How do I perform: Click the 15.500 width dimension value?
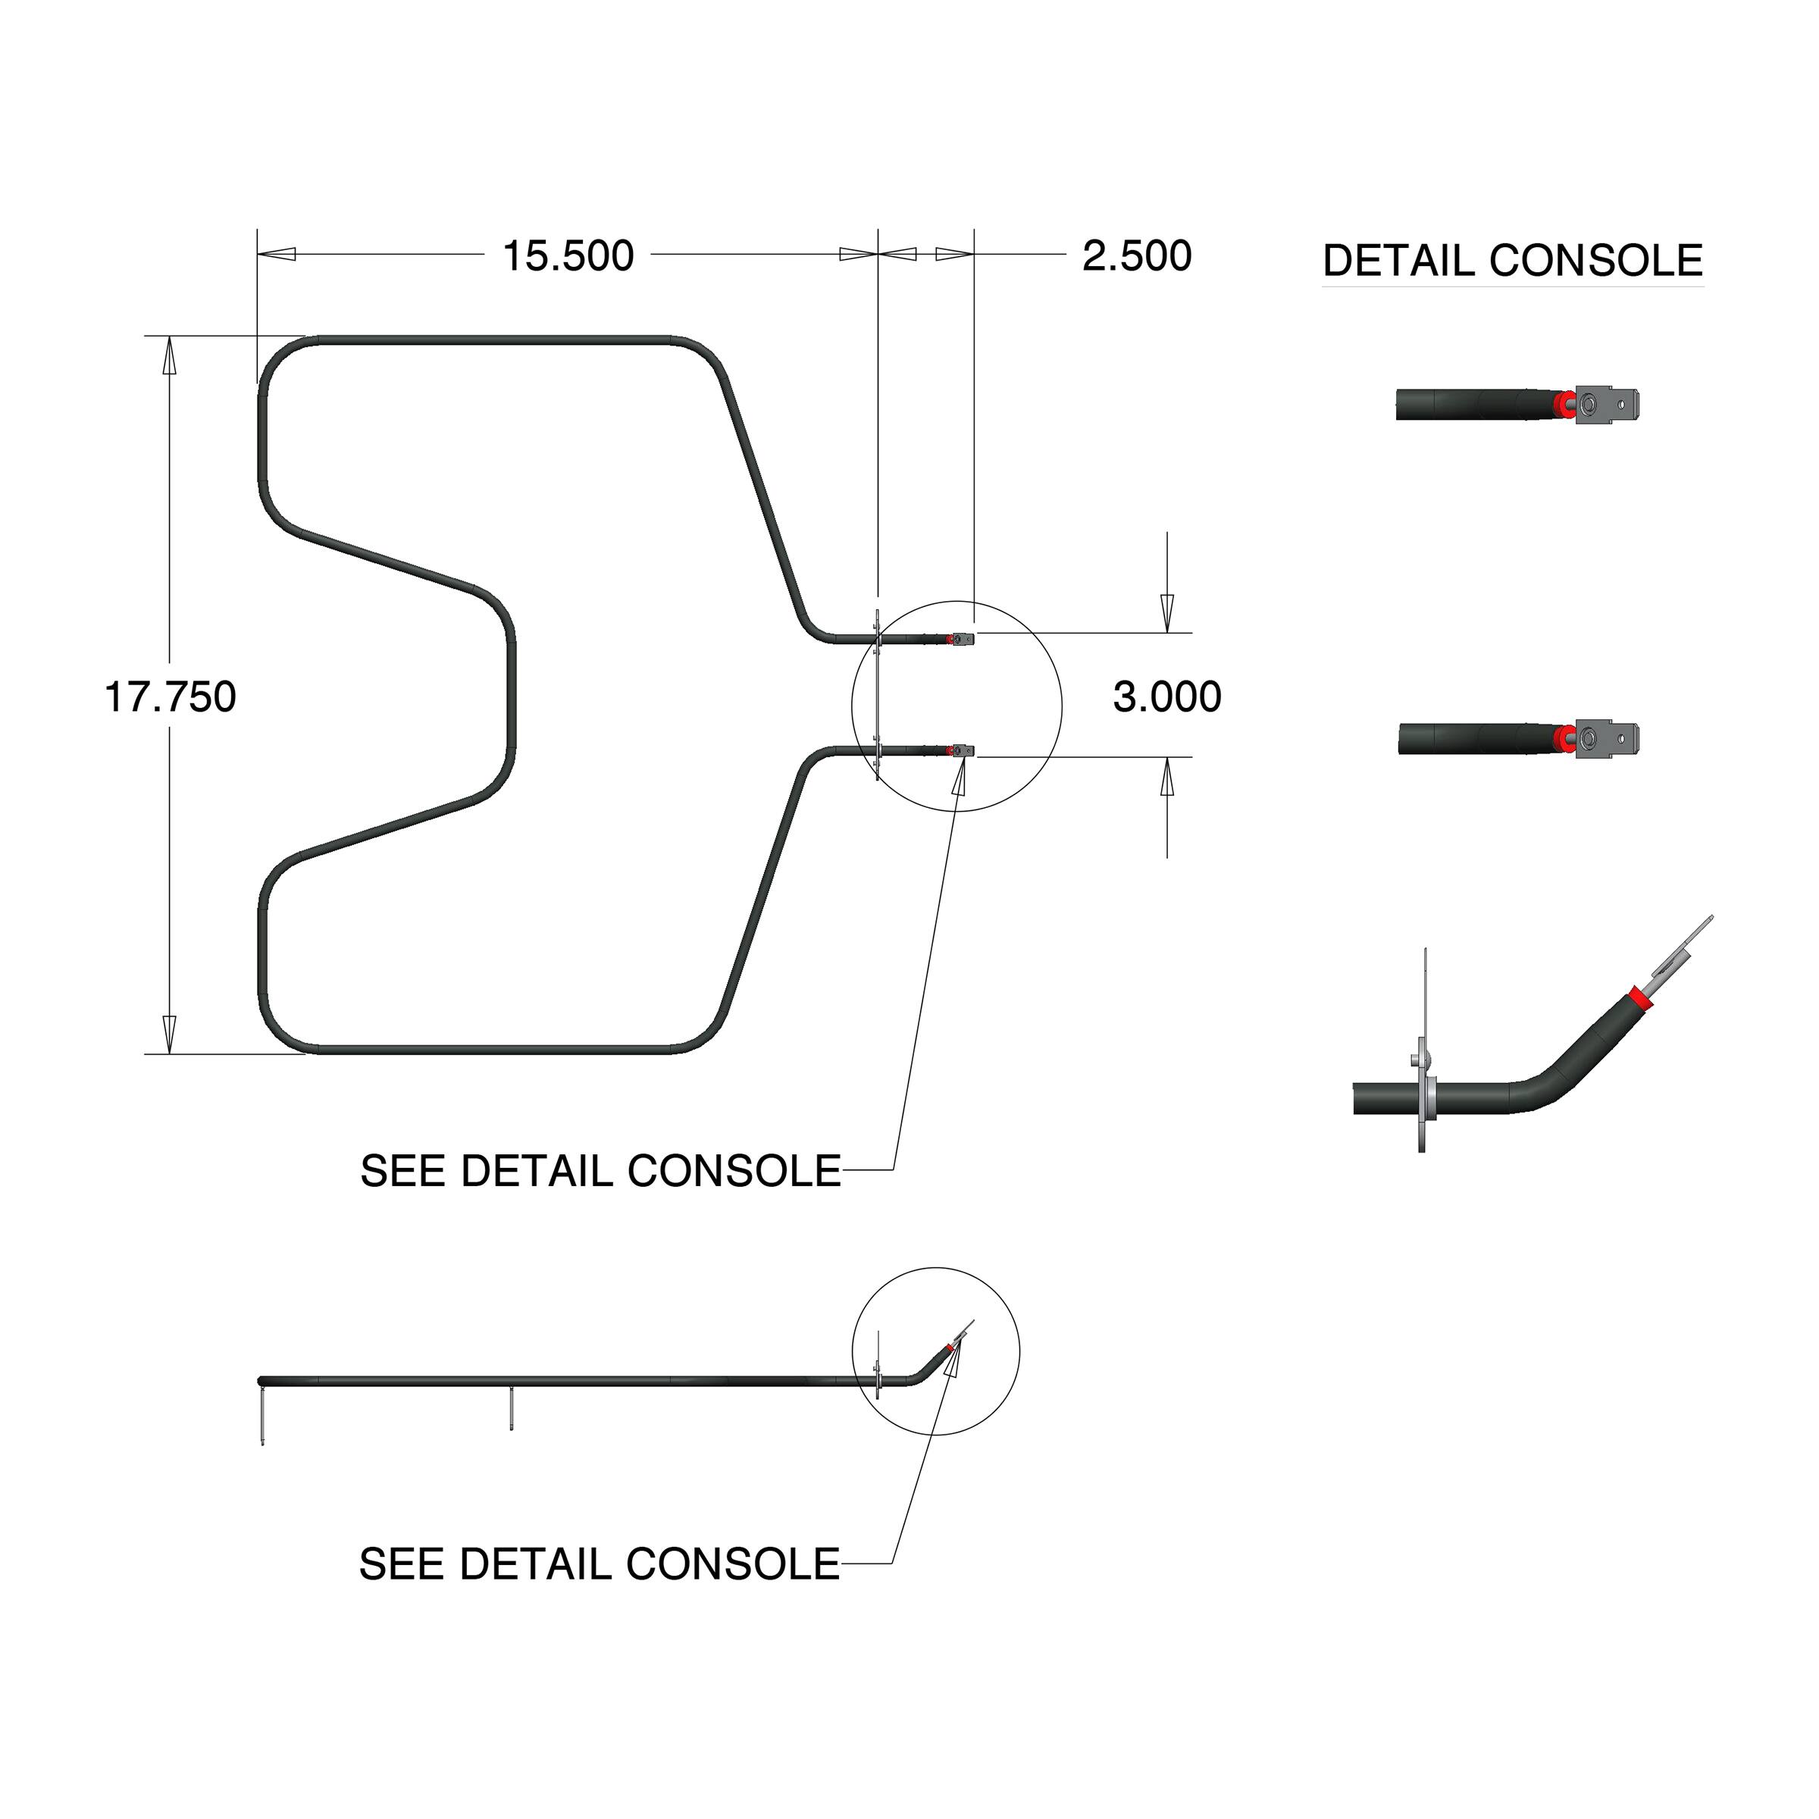pyautogui.click(x=568, y=256)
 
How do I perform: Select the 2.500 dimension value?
pyautogui.click(x=1136, y=256)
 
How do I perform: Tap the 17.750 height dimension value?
pyautogui.click(x=170, y=697)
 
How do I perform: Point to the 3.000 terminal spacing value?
pyautogui.click(x=1166, y=697)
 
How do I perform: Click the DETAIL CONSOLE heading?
pyautogui.click(x=1512, y=261)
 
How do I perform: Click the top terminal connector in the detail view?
pyautogui.click(x=1613, y=405)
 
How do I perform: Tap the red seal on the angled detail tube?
pyautogui.click(x=1641, y=996)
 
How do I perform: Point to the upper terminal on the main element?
pyautogui.click(x=963, y=638)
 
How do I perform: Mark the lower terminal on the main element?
pyautogui.click(x=963, y=750)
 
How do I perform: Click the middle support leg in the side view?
pyautogui.click(x=510, y=1407)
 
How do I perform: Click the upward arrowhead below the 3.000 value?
pyautogui.click(x=1167, y=777)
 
